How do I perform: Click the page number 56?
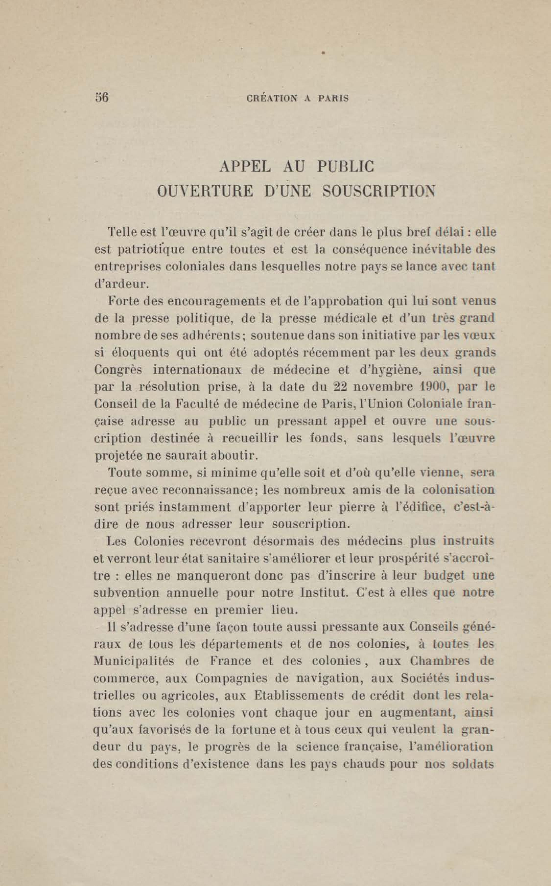[x=102, y=98]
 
